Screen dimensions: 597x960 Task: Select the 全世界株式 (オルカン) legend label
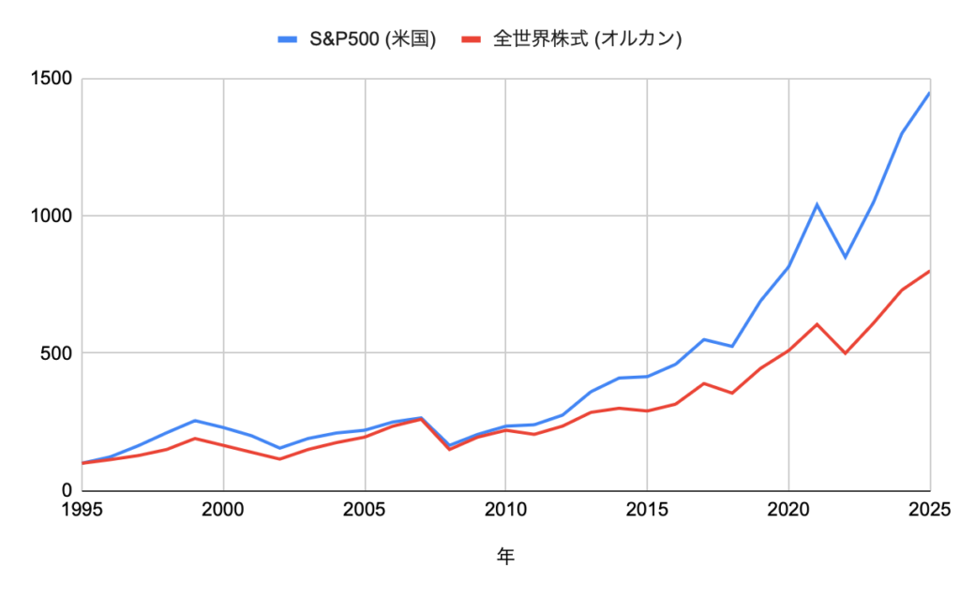[x=587, y=39]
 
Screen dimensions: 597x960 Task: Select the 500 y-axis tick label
[x=56, y=353]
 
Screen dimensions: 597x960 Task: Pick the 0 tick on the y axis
[x=67, y=490]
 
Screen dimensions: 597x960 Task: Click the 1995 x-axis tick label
[x=82, y=510]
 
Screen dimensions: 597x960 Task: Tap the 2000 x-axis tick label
[x=223, y=510]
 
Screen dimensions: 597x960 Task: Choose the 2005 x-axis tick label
[x=365, y=510]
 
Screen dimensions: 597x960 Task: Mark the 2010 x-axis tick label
[x=506, y=510]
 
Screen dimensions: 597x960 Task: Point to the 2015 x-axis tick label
[x=648, y=510]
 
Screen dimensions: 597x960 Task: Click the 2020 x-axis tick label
[x=789, y=510]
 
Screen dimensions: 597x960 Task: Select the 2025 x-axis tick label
[x=928, y=510]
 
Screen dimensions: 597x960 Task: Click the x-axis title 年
[x=506, y=557]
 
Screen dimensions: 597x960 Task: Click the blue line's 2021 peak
[x=817, y=204]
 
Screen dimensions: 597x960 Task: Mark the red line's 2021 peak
[x=817, y=324]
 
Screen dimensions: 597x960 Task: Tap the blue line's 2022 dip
[x=846, y=257]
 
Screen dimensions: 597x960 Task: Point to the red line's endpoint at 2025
[x=930, y=271]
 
